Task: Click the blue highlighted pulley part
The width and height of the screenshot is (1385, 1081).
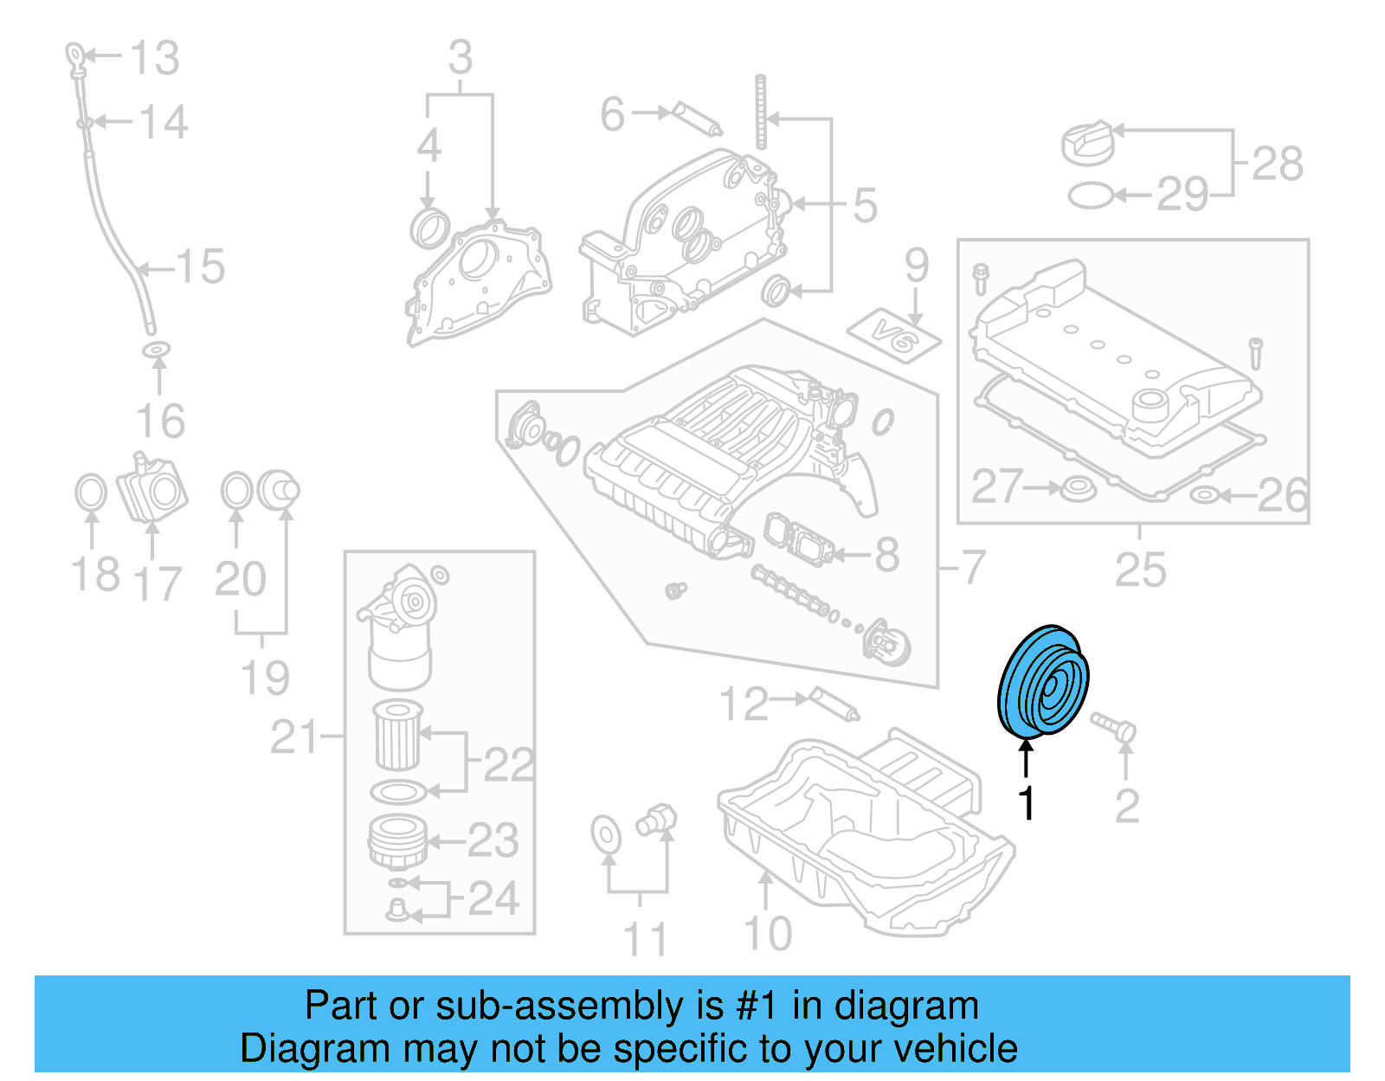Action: tap(1042, 681)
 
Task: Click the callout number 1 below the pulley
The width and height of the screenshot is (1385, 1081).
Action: tap(1027, 803)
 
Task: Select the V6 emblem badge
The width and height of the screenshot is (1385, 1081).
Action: tap(893, 335)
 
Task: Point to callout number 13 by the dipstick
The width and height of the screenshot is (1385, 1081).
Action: tap(155, 58)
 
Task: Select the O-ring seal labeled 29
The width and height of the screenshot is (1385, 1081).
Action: tap(1090, 196)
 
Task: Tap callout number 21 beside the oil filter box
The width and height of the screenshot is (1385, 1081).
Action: tap(295, 737)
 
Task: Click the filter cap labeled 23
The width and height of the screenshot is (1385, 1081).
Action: tap(397, 840)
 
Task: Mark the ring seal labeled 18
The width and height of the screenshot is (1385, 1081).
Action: tap(91, 492)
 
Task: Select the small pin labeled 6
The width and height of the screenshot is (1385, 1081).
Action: tap(698, 119)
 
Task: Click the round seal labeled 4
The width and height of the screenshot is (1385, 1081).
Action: tap(428, 227)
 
